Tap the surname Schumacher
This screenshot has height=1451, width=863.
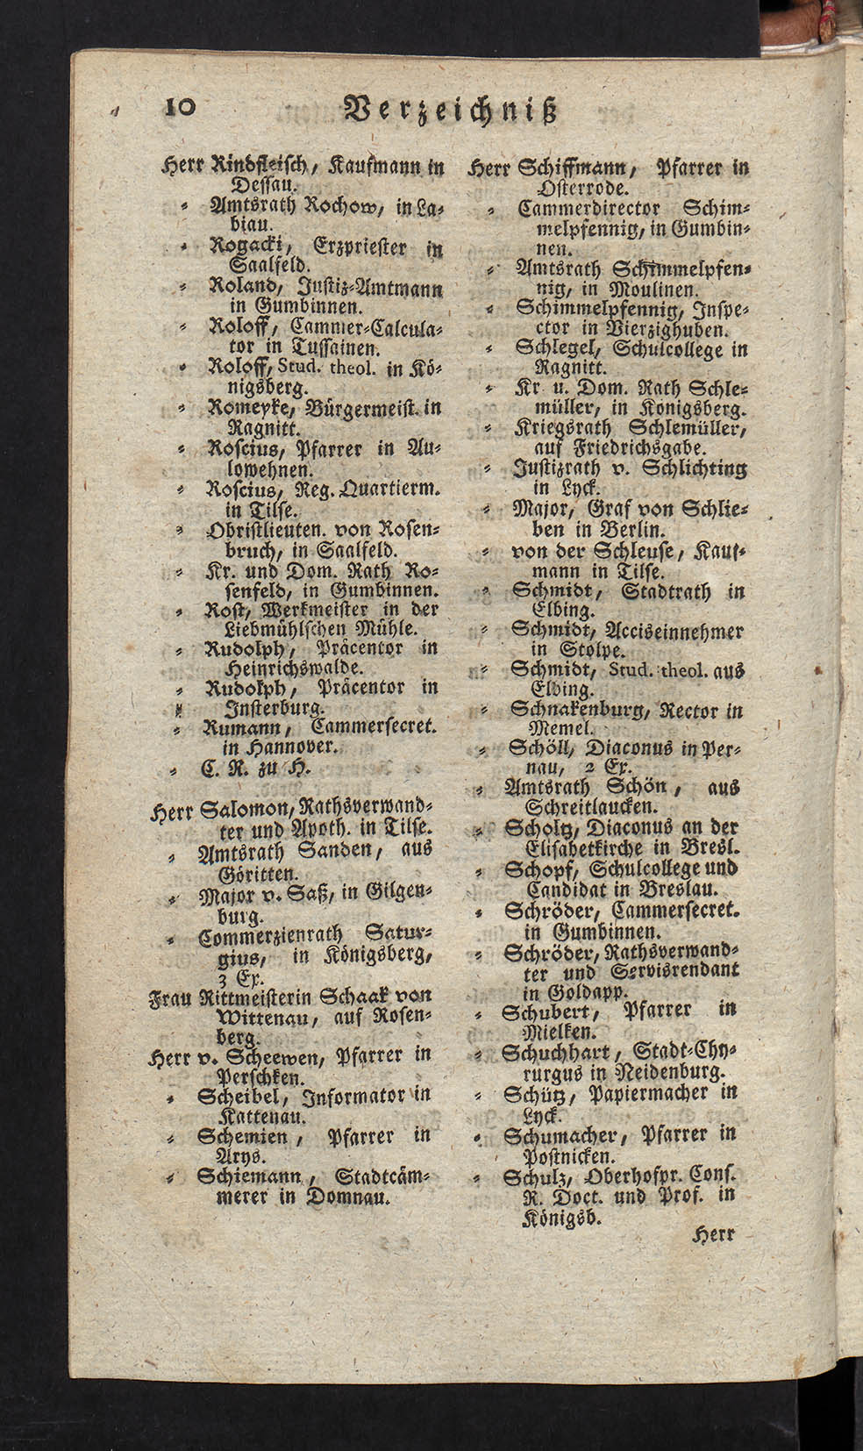[567, 1134]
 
